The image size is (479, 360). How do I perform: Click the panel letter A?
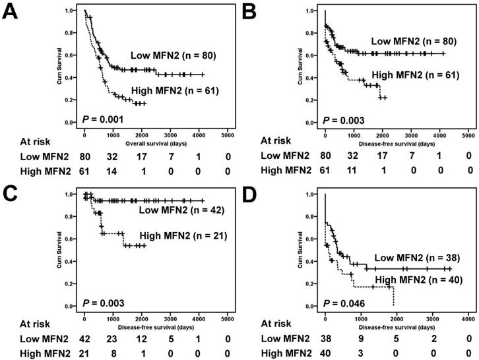coord(11,14)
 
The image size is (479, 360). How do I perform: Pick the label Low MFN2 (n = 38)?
coord(413,258)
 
